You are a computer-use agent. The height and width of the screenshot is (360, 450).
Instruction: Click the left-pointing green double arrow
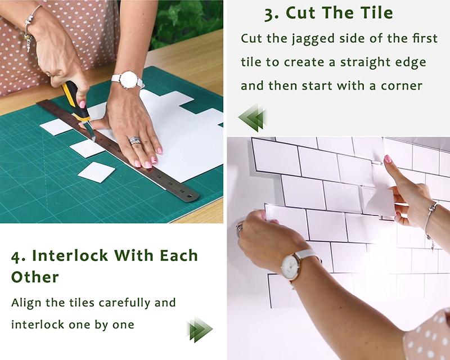pyautogui.click(x=251, y=118)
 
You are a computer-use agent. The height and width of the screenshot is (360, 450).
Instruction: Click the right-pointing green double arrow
pyautogui.click(x=199, y=329)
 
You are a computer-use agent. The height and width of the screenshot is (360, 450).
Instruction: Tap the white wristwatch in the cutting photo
pyautogui.click(x=129, y=80)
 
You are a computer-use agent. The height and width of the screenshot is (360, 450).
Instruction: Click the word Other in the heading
pyautogui.click(x=35, y=277)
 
